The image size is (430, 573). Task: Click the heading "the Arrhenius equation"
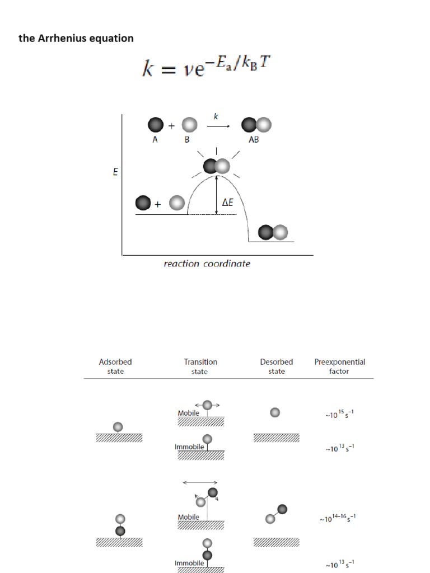point(76,39)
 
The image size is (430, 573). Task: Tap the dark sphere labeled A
point(156,125)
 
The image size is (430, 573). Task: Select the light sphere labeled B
point(189,125)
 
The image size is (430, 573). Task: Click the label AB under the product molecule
point(254,140)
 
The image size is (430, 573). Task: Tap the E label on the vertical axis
point(115,172)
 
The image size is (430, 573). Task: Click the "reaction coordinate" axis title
point(207,264)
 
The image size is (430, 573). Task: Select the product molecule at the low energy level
point(273,232)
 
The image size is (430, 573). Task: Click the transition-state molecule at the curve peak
point(217,166)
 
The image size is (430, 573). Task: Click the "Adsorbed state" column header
point(115,367)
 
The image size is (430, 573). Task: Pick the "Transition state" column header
point(200,367)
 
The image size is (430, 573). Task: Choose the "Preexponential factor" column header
point(339,367)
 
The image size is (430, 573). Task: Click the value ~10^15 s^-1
point(336,414)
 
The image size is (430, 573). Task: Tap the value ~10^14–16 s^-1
point(338,518)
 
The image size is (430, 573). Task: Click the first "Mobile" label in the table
point(189,413)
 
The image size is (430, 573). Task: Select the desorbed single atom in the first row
point(274,412)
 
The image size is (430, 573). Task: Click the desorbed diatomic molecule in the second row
point(277,514)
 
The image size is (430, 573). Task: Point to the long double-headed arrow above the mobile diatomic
point(200,482)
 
